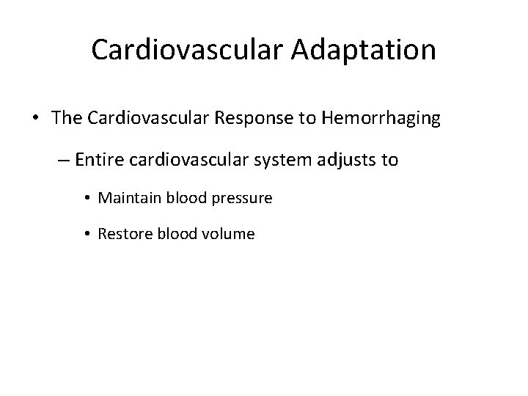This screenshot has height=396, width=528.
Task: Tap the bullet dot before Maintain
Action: [88, 199]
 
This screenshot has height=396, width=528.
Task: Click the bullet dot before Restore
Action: [88, 235]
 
